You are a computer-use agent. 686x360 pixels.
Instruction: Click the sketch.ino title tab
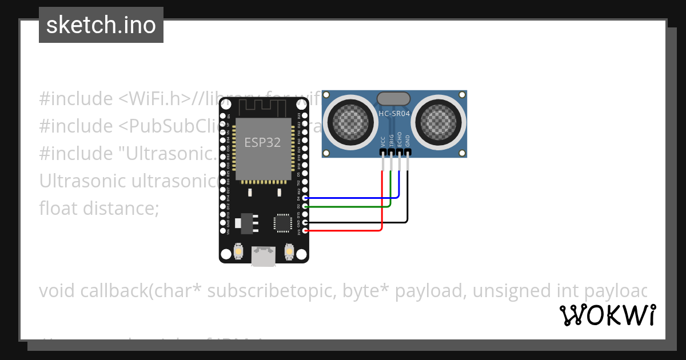pos(101,25)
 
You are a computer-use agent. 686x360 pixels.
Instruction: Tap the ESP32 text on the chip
pos(262,142)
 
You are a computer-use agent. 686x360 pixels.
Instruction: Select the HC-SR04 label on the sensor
pos(394,114)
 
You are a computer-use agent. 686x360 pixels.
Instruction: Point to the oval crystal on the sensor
pos(394,99)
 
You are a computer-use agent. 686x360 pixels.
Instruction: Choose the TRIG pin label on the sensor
pos(391,141)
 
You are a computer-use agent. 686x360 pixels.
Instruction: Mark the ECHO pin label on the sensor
pos(399,141)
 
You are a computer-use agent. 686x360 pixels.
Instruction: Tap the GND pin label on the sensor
pos(408,141)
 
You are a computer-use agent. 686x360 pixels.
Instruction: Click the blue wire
pos(354,198)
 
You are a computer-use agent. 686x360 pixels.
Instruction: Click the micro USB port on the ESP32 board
pos(264,257)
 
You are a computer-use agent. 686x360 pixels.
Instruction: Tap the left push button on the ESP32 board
pos(238,251)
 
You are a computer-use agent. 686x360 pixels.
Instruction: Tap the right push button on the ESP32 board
pos(289,251)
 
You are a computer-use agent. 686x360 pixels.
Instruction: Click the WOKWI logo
pos(607,315)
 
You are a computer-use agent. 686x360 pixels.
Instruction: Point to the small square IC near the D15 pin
pos(282,222)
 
